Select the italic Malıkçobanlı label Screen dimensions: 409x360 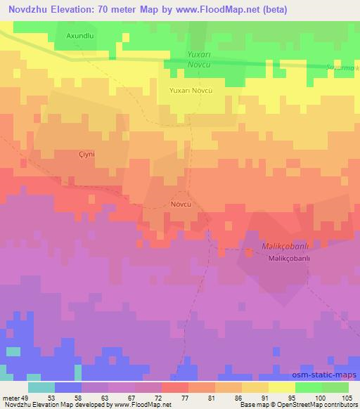coord(266,245)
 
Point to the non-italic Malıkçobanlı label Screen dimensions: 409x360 coord(289,258)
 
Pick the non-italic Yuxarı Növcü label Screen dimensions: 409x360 coord(191,91)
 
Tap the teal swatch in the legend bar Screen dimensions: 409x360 coord(41,387)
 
